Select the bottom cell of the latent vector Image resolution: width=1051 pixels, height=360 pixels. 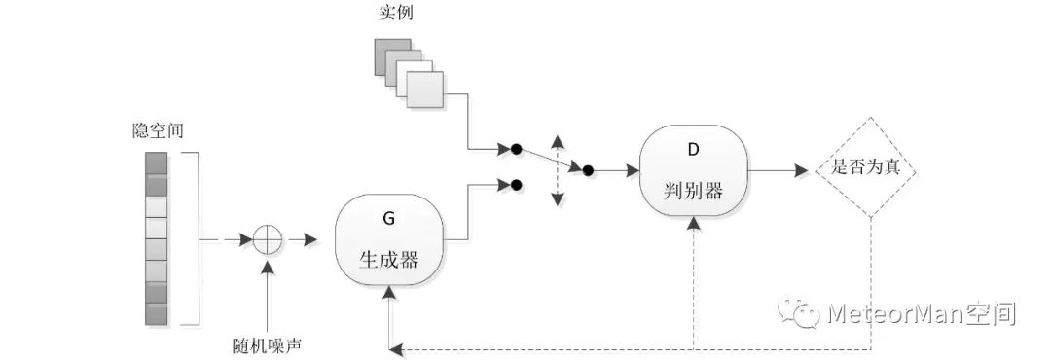click(157, 315)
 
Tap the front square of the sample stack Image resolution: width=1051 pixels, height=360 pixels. click(424, 90)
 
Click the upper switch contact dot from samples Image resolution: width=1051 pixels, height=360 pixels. click(517, 149)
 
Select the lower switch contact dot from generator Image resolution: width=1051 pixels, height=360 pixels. click(517, 183)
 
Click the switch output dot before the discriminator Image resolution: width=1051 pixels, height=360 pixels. click(588, 169)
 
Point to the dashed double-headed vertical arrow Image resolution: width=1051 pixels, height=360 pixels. click(558, 169)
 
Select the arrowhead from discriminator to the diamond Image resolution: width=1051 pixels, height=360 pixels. click(801, 169)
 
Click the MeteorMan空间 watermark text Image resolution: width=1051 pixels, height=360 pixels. click(921, 313)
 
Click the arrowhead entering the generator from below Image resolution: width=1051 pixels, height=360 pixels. click(389, 289)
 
